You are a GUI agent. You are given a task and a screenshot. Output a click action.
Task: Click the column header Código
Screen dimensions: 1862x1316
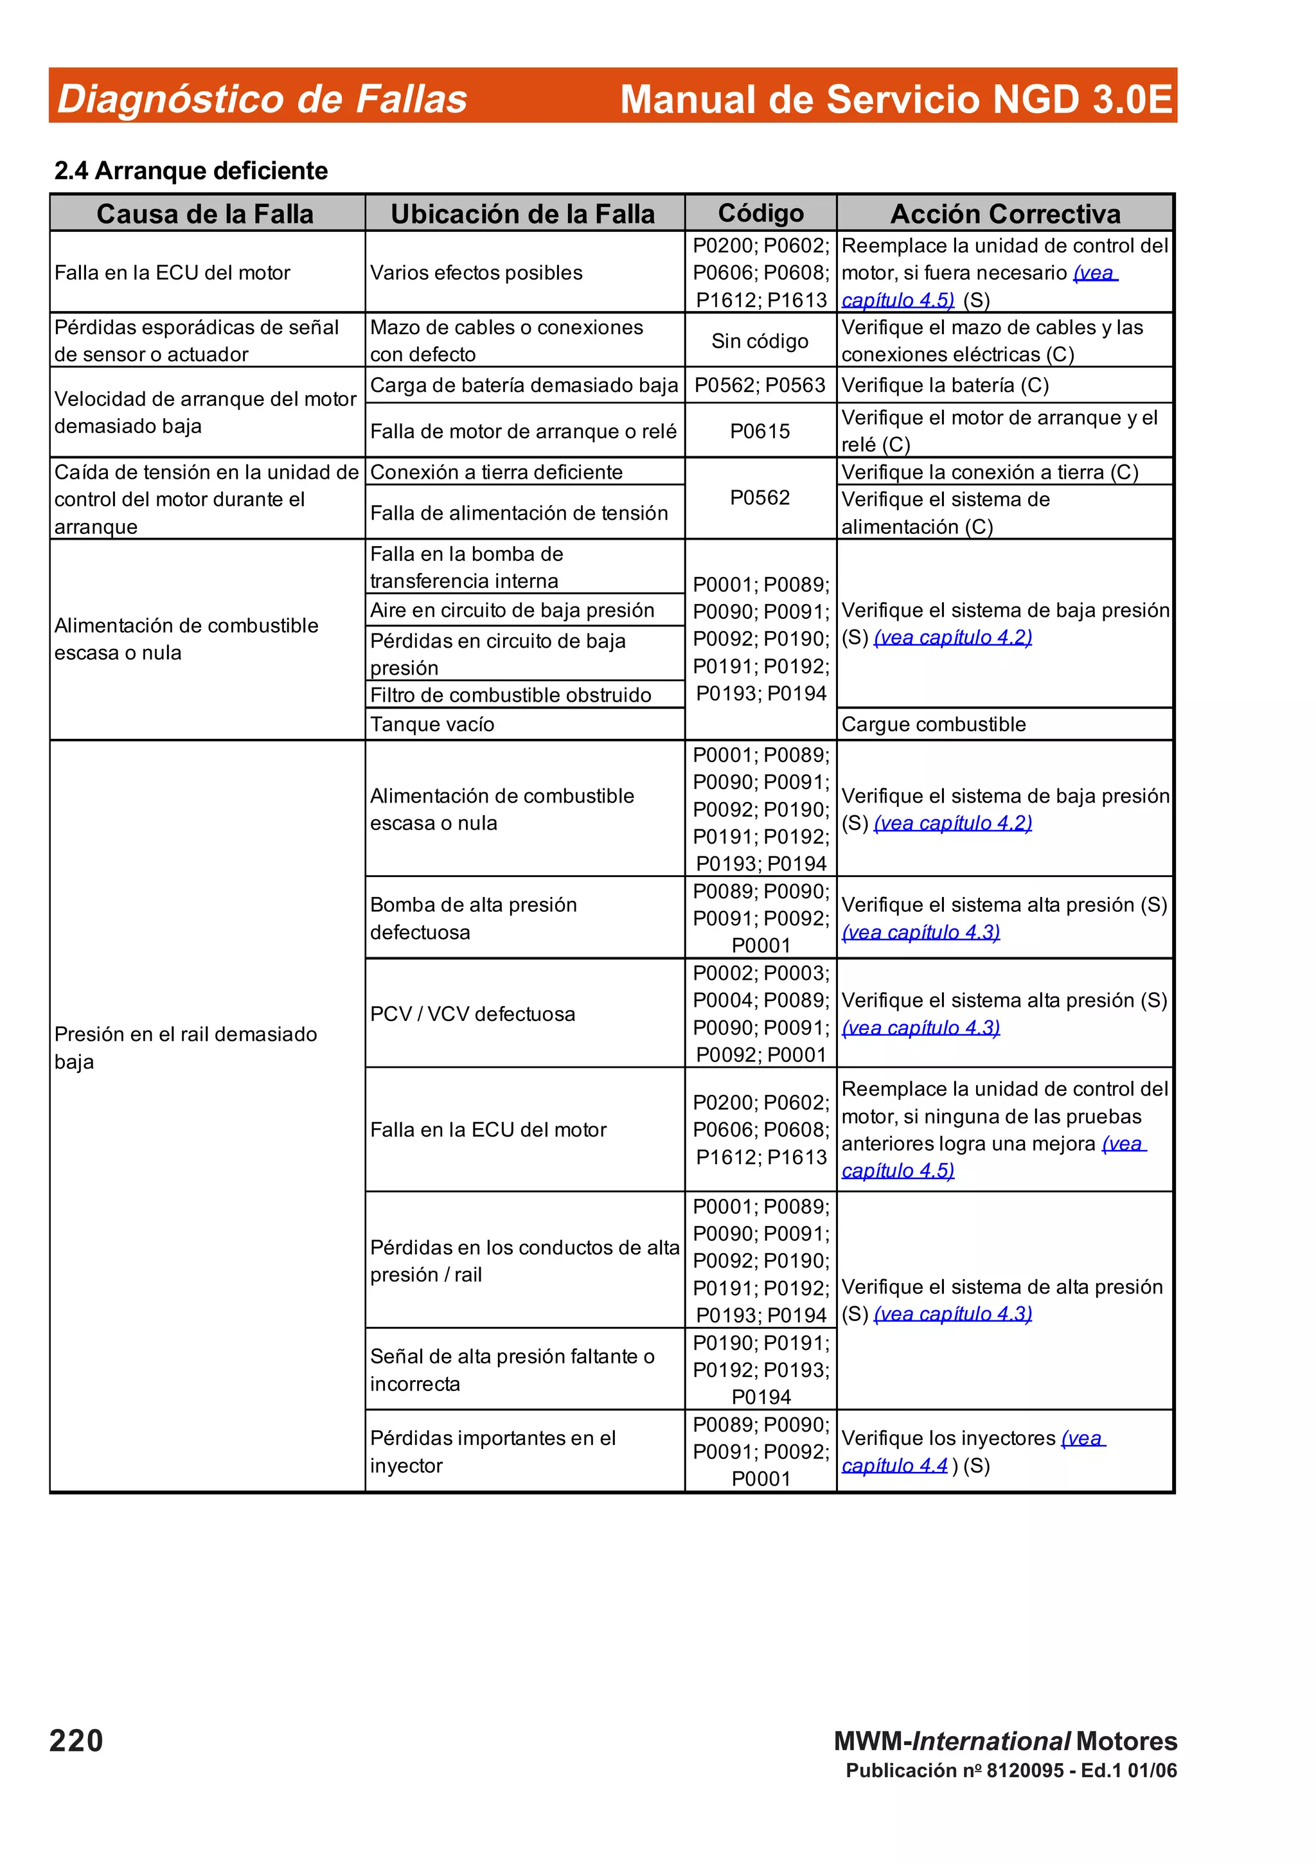[761, 213]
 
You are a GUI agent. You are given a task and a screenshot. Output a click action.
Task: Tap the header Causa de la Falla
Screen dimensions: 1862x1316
[205, 213]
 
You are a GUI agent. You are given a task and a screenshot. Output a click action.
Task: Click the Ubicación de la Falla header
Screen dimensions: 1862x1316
[523, 213]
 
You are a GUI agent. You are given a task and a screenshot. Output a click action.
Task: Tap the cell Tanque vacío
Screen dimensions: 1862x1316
[432, 724]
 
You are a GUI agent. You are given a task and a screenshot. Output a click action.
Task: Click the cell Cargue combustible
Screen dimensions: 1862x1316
[933, 724]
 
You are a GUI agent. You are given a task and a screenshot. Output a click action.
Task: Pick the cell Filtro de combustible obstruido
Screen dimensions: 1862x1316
[511, 695]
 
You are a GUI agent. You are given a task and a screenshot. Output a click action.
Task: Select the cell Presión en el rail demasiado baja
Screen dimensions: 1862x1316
[186, 1047]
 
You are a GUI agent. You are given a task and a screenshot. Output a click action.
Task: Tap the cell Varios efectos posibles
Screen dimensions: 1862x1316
[476, 272]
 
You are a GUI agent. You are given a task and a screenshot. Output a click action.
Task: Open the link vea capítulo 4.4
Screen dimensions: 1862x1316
[894, 1466]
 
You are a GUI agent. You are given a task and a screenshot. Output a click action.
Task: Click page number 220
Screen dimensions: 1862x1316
[76, 1741]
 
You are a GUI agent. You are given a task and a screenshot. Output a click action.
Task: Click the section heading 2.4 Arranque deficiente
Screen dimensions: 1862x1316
[191, 170]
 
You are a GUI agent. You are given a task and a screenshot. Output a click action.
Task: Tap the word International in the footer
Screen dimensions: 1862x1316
[991, 1741]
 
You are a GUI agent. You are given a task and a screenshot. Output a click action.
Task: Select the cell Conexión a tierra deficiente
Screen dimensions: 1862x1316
[496, 472]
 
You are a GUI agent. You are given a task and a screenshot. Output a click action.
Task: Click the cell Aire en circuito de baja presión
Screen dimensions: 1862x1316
[511, 610]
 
